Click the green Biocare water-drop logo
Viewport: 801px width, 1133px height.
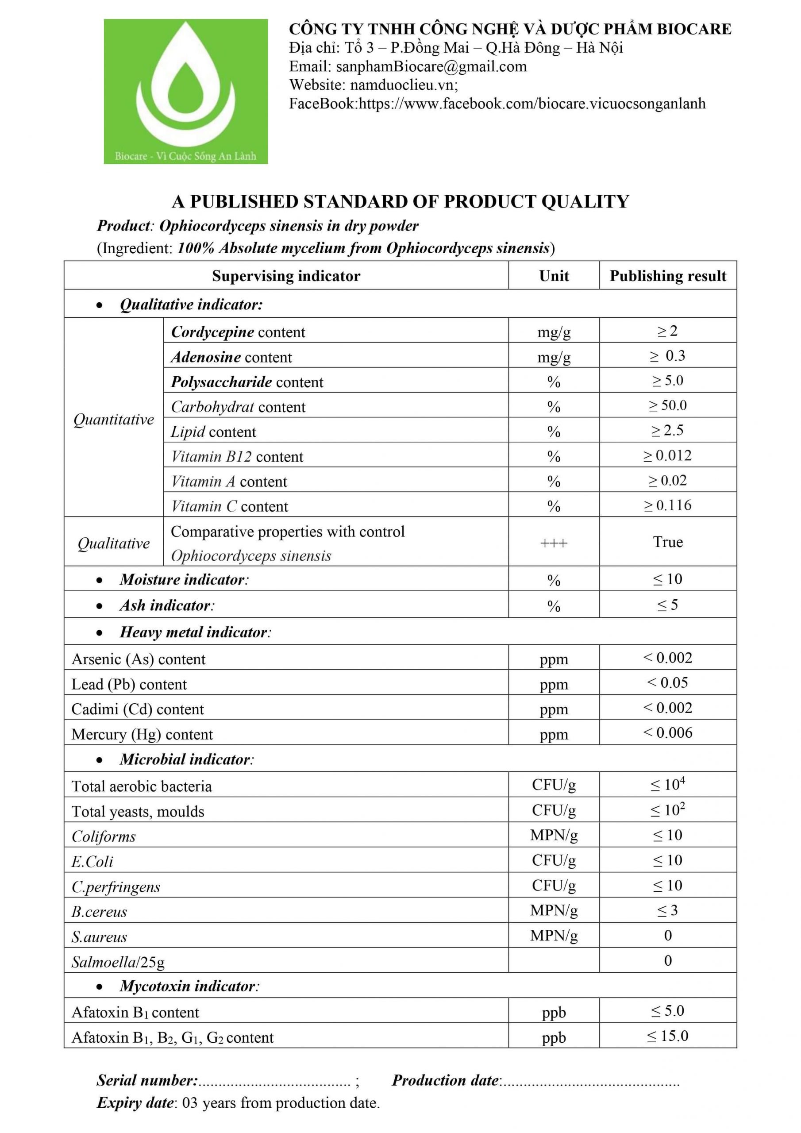tap(185, 91)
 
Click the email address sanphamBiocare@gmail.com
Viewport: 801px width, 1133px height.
tap(431, 66)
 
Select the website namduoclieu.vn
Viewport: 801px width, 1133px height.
tap(403, 85)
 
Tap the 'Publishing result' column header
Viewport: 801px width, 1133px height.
tap(667, 275)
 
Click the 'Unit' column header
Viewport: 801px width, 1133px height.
tap(553, 275)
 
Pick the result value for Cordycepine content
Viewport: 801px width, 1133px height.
tap(667, 331)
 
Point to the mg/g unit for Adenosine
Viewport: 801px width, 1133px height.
tap(553, 357)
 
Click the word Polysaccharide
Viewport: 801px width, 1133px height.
tap(222, 382)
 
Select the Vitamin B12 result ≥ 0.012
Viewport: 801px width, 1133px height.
tap(667, 455)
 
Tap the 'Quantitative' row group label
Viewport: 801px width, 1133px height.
tap(114, 420)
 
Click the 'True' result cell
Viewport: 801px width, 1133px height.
tap(667, 541)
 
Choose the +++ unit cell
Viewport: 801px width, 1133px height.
tap(553, 543)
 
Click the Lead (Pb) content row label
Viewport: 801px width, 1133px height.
tap(129, 684)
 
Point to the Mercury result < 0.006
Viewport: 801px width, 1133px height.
tap(667, 732)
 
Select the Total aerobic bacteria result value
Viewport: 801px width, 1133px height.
tap(667, 784)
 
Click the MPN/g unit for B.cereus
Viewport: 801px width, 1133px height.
tap(553, 910)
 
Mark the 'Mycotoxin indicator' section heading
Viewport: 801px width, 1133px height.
tap(188, 986)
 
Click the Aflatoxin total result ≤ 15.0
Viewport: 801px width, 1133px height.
tap(667, 1036)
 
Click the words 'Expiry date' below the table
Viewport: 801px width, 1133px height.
tap(135, 1102)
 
